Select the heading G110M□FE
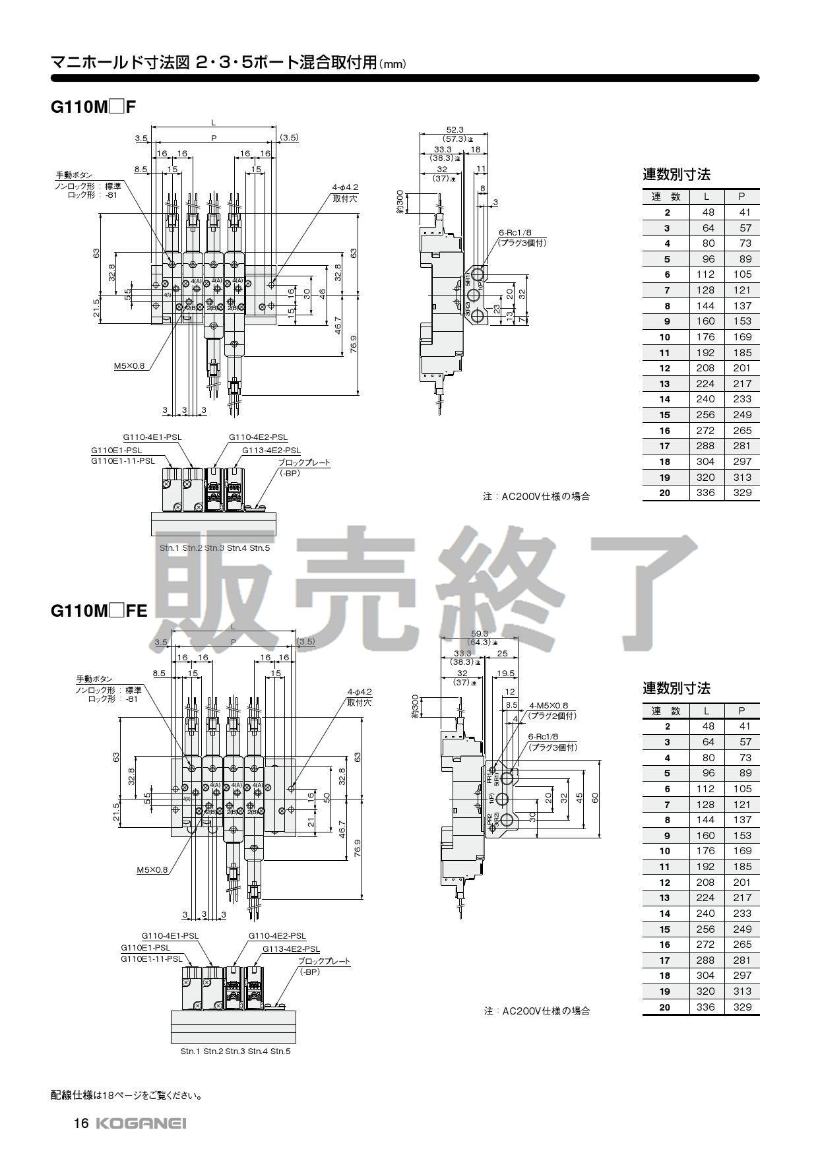click(99, 611)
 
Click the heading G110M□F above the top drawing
click(93, 107)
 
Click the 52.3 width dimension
click(455, 129)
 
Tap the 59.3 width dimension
click(479, 633)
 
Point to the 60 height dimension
click(595, 797)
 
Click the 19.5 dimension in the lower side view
click(505, 673)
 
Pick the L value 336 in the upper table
click(705, 492)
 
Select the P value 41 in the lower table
click(742, 726)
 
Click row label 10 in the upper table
click(665, 337)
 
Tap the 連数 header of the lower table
click(666, 711)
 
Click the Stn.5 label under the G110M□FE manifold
click(280, 1051)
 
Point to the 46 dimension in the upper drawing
click(323, 292)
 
